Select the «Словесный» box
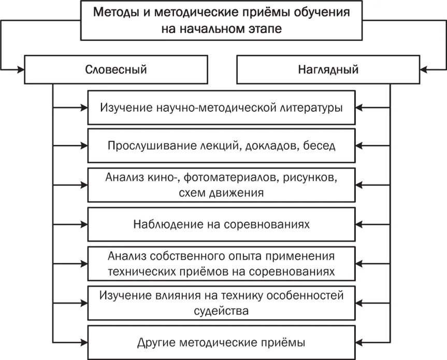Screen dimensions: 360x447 [x=116, y=69]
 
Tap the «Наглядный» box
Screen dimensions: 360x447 [x=328, y=69]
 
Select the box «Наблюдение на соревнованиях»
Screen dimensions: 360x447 [x=222, y=224]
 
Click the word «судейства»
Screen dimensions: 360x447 [x=222, y=312]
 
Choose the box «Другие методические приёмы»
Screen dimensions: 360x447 [x=222, y=342]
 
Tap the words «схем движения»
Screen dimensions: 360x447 [x=222, y=193]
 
